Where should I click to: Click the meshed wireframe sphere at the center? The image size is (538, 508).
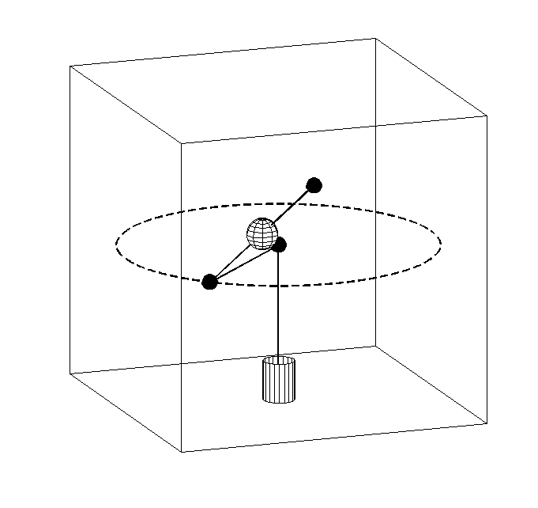click(261, 233)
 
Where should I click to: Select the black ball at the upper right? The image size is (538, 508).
click(314, 185)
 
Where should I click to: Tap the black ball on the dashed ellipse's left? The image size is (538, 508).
click(209, 282)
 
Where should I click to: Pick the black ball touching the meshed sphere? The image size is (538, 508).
click(278, 245)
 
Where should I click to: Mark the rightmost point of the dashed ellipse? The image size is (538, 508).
click(441, 243)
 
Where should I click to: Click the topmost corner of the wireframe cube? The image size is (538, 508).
click(374, 38)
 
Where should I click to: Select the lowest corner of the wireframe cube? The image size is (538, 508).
click(182, 452)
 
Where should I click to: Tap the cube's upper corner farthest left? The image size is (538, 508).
click(70, 66)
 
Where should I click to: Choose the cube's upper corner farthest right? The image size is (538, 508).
click(487, 116)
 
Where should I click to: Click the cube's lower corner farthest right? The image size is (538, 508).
click(487, 424)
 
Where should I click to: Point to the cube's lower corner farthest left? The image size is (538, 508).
click(70, 373)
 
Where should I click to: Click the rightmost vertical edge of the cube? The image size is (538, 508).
click(487, 269)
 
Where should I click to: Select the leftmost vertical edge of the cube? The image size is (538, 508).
click(70, 222)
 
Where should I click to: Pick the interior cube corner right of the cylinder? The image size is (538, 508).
click(374, 346)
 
